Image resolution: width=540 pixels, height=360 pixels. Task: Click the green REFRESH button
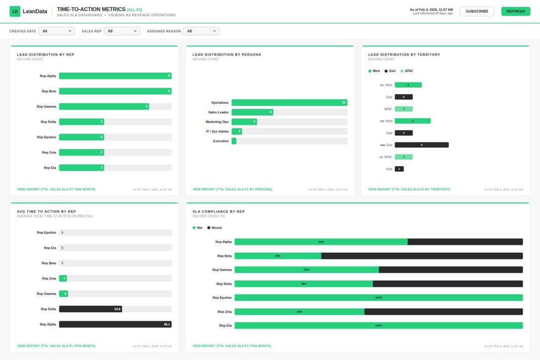pos(515,11)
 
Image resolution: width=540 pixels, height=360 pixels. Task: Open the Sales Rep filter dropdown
pos(122,31)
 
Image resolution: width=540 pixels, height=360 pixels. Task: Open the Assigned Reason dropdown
pos(201,31)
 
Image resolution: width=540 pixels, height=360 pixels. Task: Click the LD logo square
pos(15,11)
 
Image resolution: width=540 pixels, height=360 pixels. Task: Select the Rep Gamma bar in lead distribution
pos(104,106)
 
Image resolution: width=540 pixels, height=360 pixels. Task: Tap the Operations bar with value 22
pos(289,102)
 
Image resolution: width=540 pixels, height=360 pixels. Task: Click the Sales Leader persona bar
pos(252,112)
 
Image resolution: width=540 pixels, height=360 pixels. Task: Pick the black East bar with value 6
pos(421,145)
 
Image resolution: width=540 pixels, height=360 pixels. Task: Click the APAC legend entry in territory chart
pos(406,71)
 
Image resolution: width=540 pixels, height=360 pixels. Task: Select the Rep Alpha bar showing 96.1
pos(115,324)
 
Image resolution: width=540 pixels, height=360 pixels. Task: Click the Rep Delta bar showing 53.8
pos(90,309)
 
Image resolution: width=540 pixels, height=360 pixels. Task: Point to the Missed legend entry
pos(214,228)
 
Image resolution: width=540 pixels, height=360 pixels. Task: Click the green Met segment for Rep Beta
pos(277,256)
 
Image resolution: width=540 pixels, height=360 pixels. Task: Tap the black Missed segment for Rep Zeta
pos(443,312)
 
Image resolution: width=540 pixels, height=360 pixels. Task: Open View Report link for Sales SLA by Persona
pos(232,189)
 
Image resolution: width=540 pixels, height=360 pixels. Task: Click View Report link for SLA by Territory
pos(409,189)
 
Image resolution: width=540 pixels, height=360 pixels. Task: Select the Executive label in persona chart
pos(221,141)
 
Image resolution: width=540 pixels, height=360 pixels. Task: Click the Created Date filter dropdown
pos(57,31)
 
